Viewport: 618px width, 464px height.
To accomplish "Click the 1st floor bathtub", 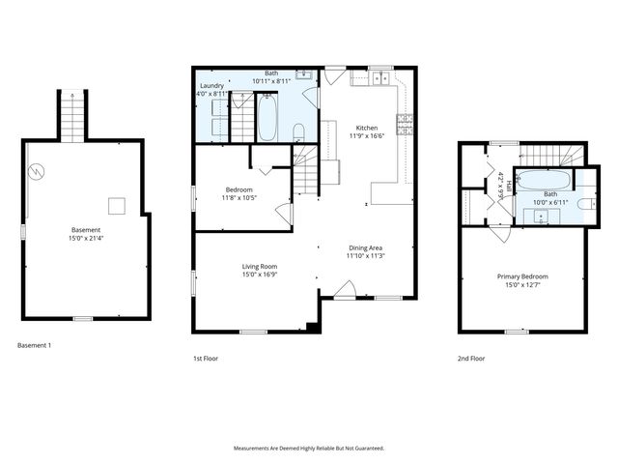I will click(267, 119).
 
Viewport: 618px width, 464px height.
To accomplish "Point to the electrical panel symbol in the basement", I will click(36, 172).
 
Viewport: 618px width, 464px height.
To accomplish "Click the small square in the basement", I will click(116, 204).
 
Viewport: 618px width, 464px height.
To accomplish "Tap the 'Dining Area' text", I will click(367, 247).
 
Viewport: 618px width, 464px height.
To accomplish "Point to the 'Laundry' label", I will click(211, 86).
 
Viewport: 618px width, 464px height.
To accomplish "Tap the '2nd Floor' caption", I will click(471, 358).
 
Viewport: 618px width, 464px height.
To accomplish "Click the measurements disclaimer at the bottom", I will click(309, 448).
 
